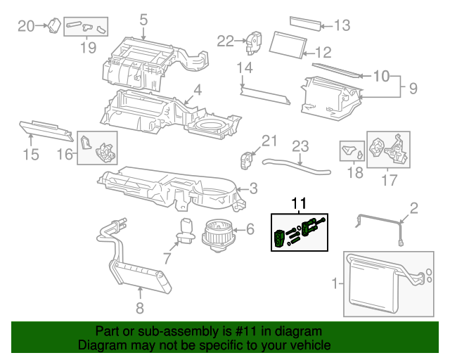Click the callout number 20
pyautogui.click(x=26, y=26)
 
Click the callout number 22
pyautogui.click(x=225, y=41)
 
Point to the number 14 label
pyautogui.click(x=244, y=68)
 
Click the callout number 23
pyautogui.click(x=301, y=146)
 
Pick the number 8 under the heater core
pyautogui.click(x=139, y=307)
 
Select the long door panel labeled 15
pyautogui.click(x=46, y=129)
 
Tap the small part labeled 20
pyautogui.click(x=53, y=26)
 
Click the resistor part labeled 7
pyautogui.click(x=186, y=231)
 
